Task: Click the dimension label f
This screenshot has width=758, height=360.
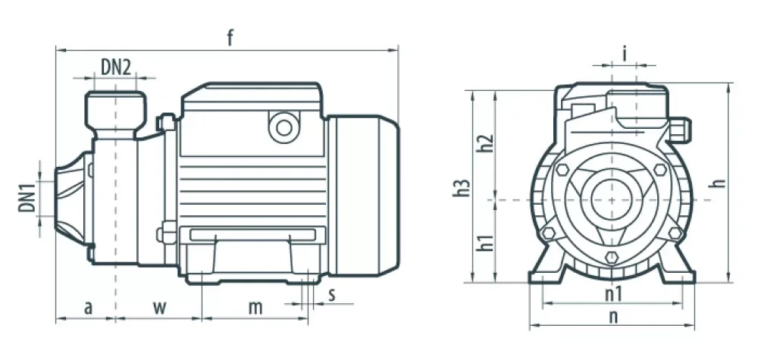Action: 230,38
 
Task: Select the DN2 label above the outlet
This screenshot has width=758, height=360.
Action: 115,67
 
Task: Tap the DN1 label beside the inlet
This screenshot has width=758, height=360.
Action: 27,196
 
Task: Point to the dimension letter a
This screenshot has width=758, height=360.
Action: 88,308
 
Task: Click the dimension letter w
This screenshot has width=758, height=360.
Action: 159,308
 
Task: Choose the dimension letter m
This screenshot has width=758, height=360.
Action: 255,308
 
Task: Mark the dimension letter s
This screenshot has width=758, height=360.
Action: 332,294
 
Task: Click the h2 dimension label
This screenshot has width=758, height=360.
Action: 485,143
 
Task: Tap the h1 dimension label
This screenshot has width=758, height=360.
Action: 485,243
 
